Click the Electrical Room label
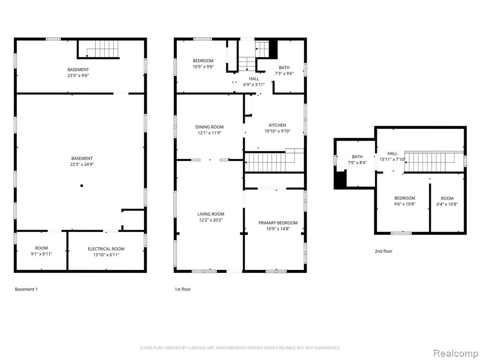coord(106,249)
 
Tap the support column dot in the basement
coord(82,186)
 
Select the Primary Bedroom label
coord(278,223)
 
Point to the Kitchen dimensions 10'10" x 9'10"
coord(277,131)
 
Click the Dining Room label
coord(210,127)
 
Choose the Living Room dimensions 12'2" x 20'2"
coord(210,220)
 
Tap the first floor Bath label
coord(284,67)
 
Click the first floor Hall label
coord(254,79)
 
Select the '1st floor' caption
coord(183,289)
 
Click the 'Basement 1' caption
coord(26,289)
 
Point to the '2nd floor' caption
coord(383,251)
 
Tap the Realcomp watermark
coord(456,353)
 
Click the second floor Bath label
coord(357,157)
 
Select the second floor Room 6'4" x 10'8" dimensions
coord(447,204)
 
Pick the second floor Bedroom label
coord(405,198)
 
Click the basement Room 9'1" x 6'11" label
coord(41,248)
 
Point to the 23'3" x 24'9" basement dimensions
coord(82,164)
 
